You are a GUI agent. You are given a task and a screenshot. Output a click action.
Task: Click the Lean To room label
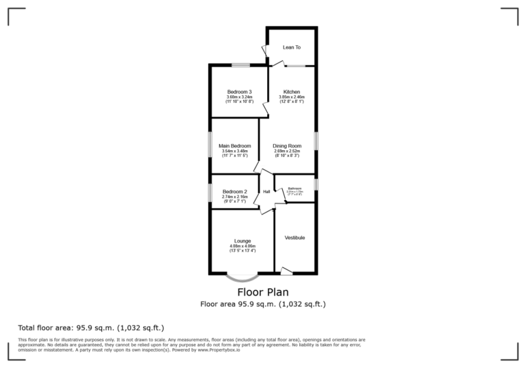pyautogui.click(x=292, y=47)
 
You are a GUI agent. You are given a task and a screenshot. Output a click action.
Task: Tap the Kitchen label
pyautogui.click(x=292, y=92)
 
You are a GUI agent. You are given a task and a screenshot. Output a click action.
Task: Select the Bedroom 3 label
pyautogui.click(x=240, y=92)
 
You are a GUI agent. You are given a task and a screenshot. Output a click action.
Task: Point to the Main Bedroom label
pyautogui.click(x=235, y=146)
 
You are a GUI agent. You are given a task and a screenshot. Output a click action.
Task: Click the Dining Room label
pyautogui.click(x=287, y=146)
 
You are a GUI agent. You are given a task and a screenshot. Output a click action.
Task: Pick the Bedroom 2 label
pyautogui.click(x=234, y=192)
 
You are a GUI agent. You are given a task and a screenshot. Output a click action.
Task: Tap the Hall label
pyautogui.click(x=266, y=192)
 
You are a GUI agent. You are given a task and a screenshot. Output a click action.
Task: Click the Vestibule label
pyautogui.click(x=295, y=238)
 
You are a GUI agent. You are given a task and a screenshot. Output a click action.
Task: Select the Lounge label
pyautogui.click(x=242, y=241)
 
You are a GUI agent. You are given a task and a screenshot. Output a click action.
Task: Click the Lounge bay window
pyautogui.click(x=242, y=278)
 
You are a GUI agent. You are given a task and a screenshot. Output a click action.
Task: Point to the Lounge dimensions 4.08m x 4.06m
pyautogui.click(x=242, y=247)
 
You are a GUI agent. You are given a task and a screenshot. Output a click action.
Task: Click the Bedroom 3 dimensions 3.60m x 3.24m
pyautogui.click(x=240, y=97)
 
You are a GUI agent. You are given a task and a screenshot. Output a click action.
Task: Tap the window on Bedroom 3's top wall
pyautogui.click(x=240, y=65)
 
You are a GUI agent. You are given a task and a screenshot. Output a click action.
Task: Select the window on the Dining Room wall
pyautogui.click(x=316, y=140)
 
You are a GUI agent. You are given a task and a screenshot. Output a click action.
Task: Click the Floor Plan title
pyautogui.click(x=262, y=292)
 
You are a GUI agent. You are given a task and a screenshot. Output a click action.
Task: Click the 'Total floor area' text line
pyautogui.click(x=91, y=328)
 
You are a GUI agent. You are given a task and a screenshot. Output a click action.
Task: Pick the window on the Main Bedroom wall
pyautogui.click(x=210, y=146)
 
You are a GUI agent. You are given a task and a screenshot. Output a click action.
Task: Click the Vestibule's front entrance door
pyautogui.click(x=287, y=272)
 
